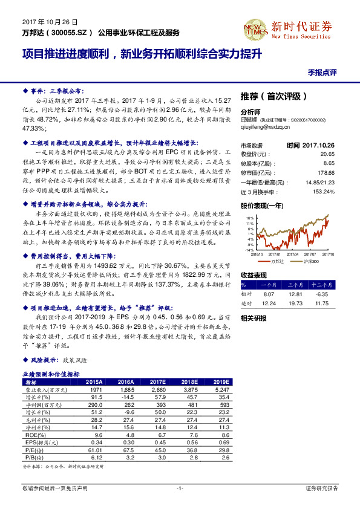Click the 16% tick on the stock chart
[x=249, y=217]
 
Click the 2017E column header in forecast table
[x=158, y=382]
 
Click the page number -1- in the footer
[x=180, y=488]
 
